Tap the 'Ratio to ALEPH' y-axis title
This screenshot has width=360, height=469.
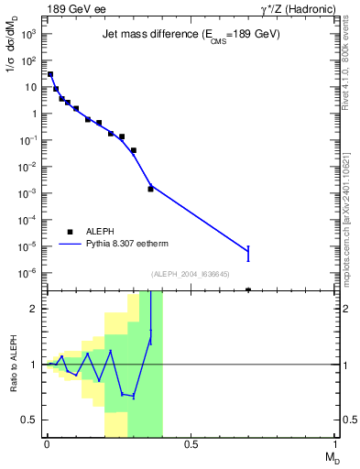[x=12, y=364]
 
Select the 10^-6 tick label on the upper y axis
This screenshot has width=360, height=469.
[x=29, y=273]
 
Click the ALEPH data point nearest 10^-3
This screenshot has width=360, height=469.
[x=150, y=189]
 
